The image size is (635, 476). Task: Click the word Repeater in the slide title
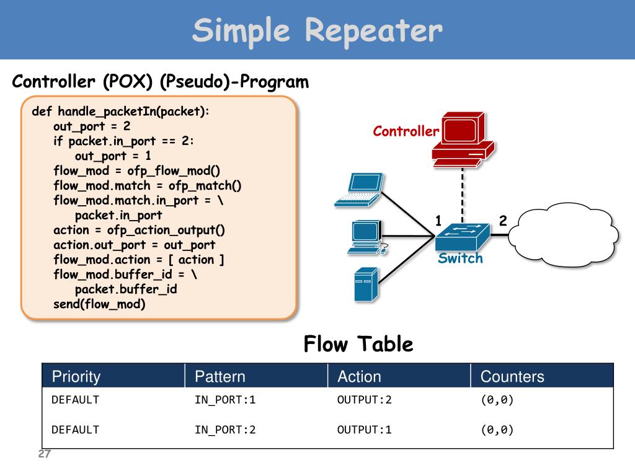pos(374,31)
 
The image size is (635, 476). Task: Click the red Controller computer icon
pos(463,139)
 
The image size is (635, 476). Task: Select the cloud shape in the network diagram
pos(563,235)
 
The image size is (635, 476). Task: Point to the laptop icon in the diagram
pos(359,190)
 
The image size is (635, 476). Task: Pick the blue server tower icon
pos(366,284)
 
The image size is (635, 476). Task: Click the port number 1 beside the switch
pos(438,221)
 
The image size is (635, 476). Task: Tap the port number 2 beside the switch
pos(503,221)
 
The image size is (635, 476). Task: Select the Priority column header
pos(76,376)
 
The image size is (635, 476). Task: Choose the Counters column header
pos(512,376)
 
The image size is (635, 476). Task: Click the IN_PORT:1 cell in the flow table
pos(225,400)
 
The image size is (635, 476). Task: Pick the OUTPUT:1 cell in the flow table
pos(365,430)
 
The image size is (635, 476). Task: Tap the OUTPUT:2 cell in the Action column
pos(365,400)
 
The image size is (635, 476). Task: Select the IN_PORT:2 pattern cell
pos(225,430)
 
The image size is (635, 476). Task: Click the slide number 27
pos(45,454)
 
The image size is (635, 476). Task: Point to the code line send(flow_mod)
pos(99,304)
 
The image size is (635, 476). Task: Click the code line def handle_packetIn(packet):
pos(121,112)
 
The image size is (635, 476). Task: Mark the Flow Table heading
pos(358,344)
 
